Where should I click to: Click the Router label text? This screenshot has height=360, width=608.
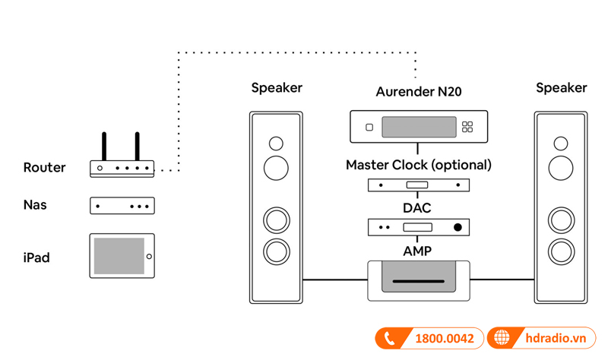(x=44, y=168)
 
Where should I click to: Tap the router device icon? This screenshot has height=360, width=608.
(x=122, y=168)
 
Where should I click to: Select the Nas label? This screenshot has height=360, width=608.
(x=35, y=205)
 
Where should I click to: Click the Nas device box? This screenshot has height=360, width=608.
(x=122, y=206)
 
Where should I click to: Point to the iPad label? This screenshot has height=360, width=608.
(x=36, y=257)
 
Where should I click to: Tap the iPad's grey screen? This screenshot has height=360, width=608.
(x=119, y=256)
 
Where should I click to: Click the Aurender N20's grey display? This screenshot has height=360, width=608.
(x=419, y=127)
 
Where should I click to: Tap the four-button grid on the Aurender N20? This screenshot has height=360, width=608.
(x=467, y=127)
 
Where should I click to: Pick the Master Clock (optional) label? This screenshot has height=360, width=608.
(x=419, y=165)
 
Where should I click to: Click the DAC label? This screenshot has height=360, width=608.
(x=419, y=207)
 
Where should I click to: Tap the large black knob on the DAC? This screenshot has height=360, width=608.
(x=458, y=227)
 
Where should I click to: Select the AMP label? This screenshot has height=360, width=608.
(x=419, y=250)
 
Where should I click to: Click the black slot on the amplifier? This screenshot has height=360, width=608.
(x=419, y=283)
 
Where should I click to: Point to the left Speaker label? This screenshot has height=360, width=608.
(x=277, y=88)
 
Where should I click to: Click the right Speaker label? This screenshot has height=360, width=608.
(x=562, y=88)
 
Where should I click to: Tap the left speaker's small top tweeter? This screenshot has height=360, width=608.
(x=276, y=143)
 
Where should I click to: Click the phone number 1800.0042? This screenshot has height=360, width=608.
(x=442, y=339)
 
